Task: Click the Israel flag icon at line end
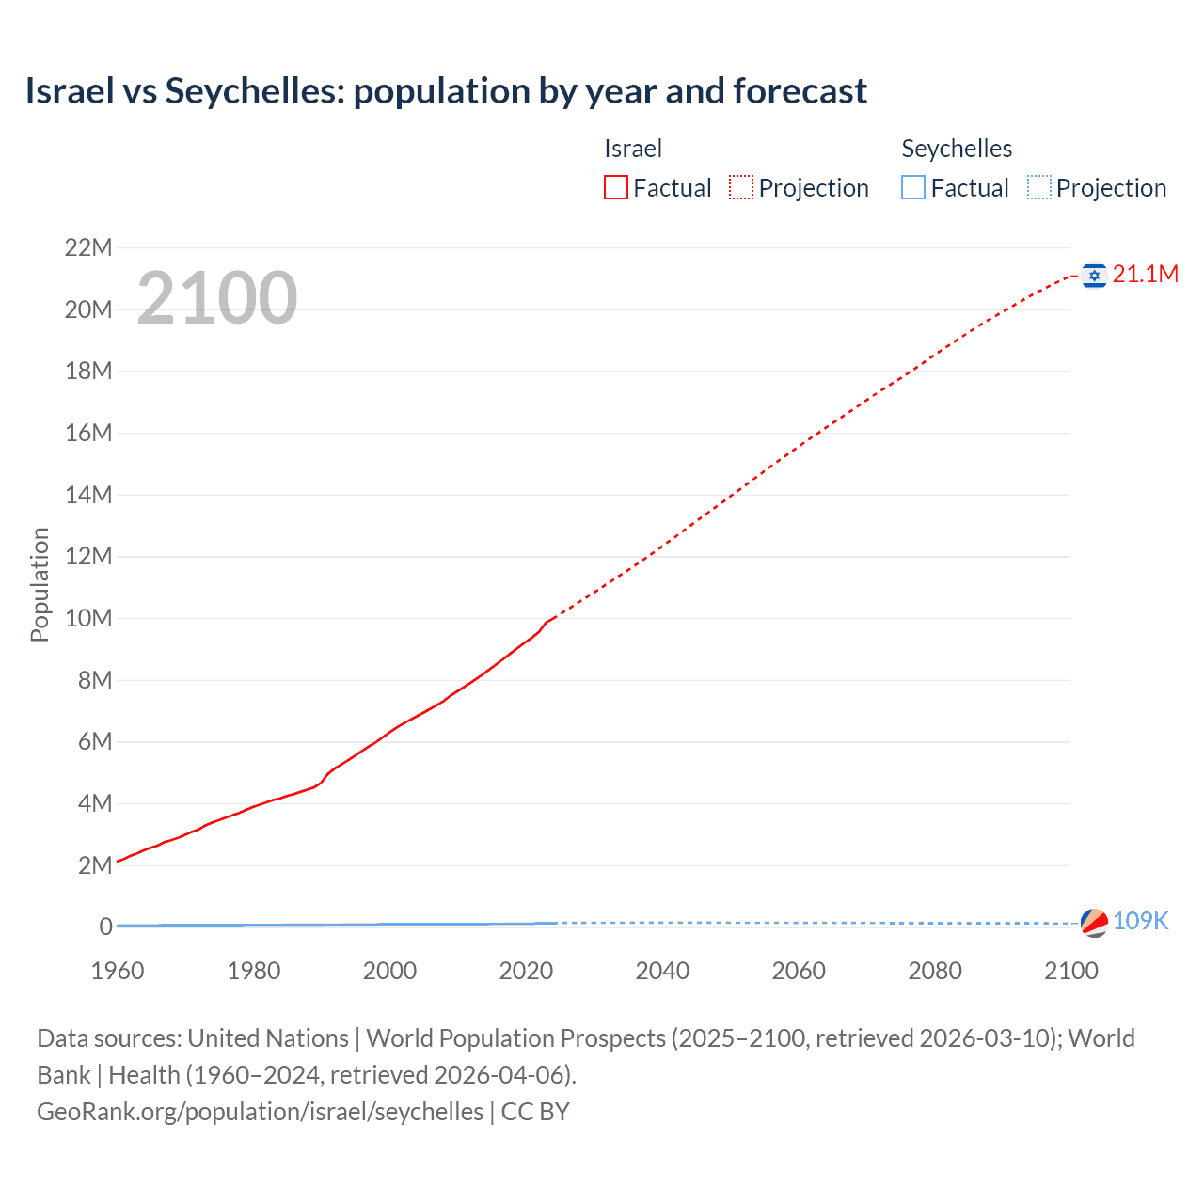pos(1094,275)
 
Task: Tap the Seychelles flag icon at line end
pos(1094,923)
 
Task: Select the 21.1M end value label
pos(1145,275)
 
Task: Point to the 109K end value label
pos(1140,922)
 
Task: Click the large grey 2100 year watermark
pos(217,298)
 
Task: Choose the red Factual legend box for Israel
pos(616,188)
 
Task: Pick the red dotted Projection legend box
pos(741,188)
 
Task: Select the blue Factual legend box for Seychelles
pos(913,188)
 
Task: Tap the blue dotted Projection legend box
pos(1039,188)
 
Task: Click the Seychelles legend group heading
pos(957,149)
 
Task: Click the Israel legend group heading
pos(633,149)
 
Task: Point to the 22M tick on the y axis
pos(88,248)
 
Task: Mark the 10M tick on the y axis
pos(88,619)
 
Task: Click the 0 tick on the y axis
pos(105,927)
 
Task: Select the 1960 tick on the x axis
pos(118,971)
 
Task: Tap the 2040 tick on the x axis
pos(662,971)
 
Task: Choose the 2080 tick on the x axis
pos(935,971)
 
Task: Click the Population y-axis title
pos(40,584)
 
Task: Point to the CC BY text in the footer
pos(535,1112)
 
